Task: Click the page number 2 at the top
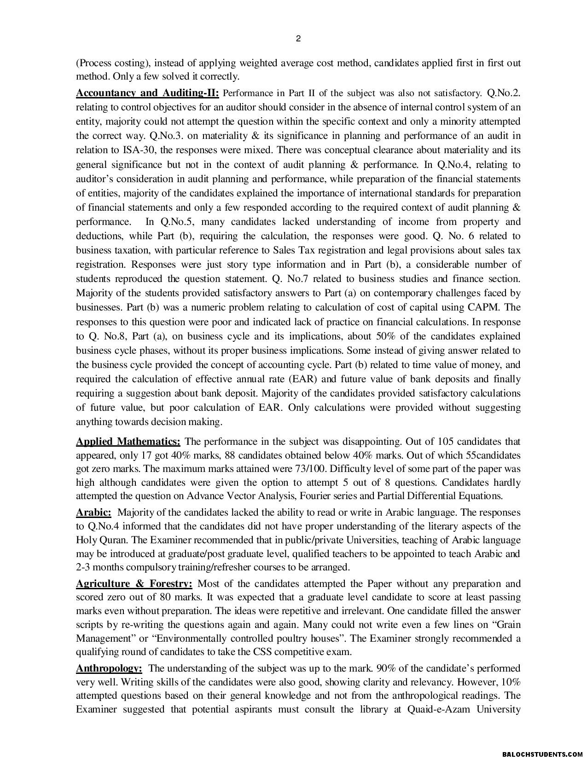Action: (x=298, y=39)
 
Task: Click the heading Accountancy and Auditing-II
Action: (x=147, y=93)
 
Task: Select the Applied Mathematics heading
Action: (x=128, y=442)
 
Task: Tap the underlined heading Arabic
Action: (x=93, y=512)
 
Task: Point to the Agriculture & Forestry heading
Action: (x=134, y=584)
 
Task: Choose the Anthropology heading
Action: (x=109, y=668)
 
